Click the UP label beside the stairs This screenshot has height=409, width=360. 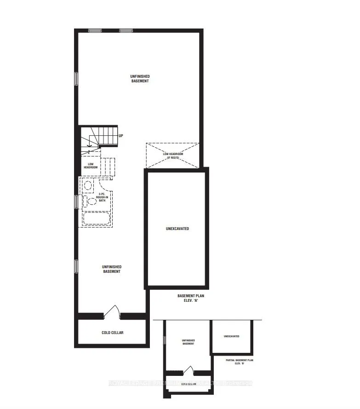(x=120, y=136)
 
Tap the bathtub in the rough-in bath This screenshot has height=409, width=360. (x=97, y=218)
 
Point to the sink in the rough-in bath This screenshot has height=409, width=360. (x=88, y=185)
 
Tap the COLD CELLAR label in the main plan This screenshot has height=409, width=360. (x=113, y=333)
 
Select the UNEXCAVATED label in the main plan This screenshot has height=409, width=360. (x=177, y=229)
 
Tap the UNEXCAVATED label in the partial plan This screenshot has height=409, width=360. (x=231, y=336)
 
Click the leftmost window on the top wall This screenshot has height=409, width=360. (x=95, y=31)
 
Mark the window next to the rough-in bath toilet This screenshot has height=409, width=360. (x=76, y=201)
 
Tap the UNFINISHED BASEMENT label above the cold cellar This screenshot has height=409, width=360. (x=111, y=269)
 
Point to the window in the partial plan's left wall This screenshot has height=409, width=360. (x=164, y=341)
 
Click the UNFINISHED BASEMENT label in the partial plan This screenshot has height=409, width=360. (x=188, y=342)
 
